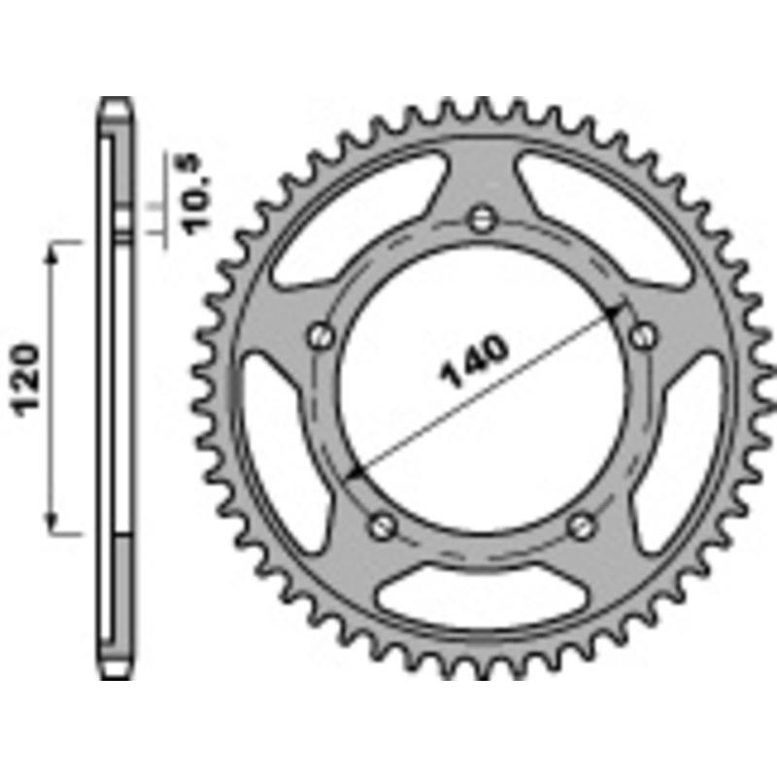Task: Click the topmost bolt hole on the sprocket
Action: [x=480, y=219]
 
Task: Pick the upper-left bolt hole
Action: [x=321, y=336]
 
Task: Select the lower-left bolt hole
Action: [x=382, y=525]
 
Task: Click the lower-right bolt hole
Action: [x=580, y=525]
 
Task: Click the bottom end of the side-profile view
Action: [x=115, y=673]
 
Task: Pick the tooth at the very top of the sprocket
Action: [x=481, y=105]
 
